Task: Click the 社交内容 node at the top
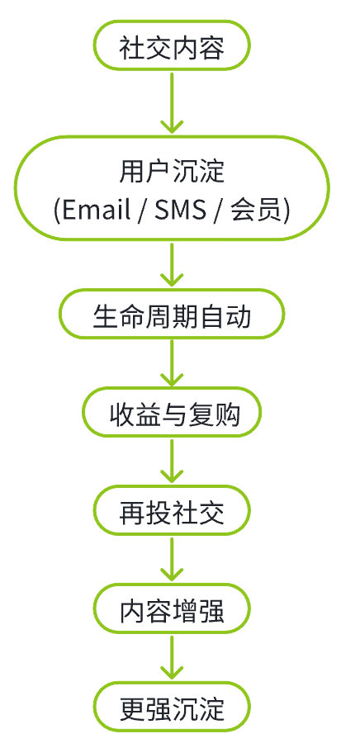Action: pos(172,48)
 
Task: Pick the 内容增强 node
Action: pos(172,612)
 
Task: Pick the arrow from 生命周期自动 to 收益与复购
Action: pos(172,362)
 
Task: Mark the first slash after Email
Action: pos(141,210)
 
